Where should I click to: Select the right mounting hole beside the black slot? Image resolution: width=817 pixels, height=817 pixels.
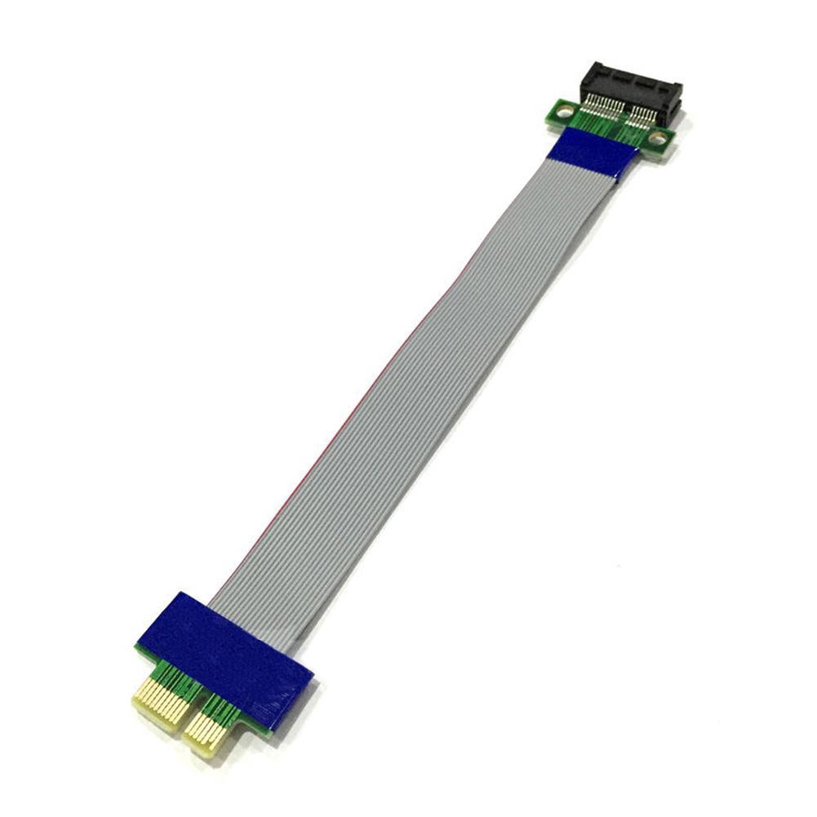click(x=657, y=139)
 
